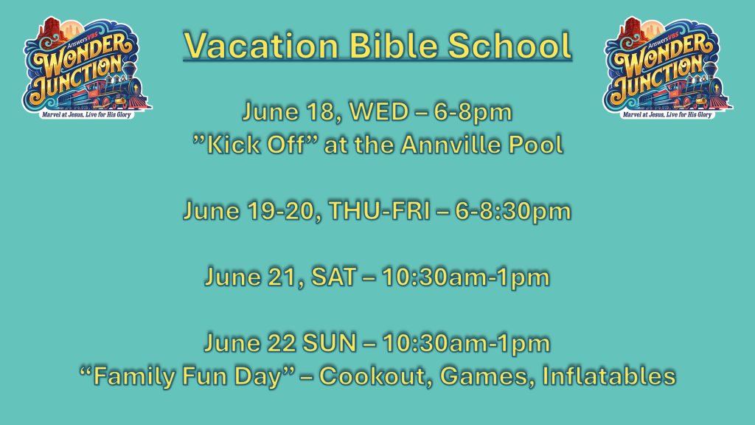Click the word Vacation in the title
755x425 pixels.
point(262,45)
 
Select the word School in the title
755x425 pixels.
point(509,45)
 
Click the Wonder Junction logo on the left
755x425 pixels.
point(87,68)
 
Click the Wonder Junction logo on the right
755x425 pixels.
point(667,68)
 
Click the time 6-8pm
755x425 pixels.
point(473,113)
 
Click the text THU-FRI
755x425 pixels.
point(380,211)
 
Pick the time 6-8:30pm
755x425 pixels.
point(513,212)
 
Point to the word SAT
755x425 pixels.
point(334,277)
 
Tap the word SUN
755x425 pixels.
point(330,343)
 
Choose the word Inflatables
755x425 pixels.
point(609,376)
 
